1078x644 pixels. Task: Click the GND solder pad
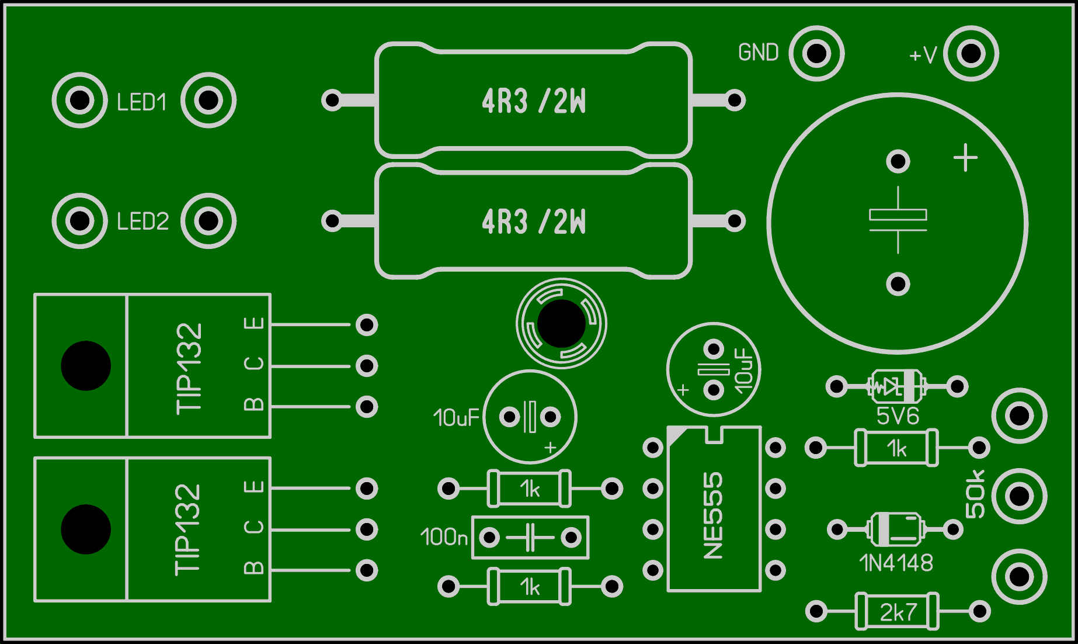[816, 53]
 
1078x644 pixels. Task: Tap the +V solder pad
[971, 53]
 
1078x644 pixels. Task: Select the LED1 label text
[142, 102]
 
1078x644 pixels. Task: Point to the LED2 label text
[143, 221]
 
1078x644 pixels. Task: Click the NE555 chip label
[714, 515]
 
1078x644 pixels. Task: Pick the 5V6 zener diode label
[898, 416]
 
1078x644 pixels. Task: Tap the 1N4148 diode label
[896, 563]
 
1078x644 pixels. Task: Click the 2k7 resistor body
[898, 612]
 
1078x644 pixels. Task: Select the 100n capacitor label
[444, 537]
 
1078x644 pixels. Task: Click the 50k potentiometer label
[975, 494]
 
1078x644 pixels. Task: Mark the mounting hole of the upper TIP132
[86, 366]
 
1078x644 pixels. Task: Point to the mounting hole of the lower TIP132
[86, 529]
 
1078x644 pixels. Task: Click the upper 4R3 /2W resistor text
[534, 101]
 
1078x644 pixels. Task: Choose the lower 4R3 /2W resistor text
[534, 221]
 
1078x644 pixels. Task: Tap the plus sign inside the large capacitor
[965, 158]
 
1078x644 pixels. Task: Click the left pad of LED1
[80, 101]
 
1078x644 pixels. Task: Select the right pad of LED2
[208, 221]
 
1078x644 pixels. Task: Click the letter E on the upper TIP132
[254, 324]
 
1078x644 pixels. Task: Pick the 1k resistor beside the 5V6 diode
[896, 448]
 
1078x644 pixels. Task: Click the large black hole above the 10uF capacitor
[561, 324]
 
